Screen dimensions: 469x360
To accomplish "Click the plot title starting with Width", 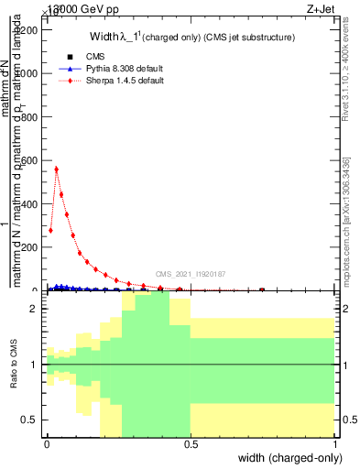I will tap(191, 38).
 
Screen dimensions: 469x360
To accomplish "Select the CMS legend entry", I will tap(82, 57).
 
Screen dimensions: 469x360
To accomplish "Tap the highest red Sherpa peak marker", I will tap(56, 169).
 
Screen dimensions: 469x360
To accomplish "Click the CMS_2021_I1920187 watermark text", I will tap(190, 273).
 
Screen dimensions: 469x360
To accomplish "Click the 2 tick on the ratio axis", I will tap(35, 310).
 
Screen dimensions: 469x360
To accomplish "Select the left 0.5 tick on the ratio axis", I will tap(32, 420).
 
